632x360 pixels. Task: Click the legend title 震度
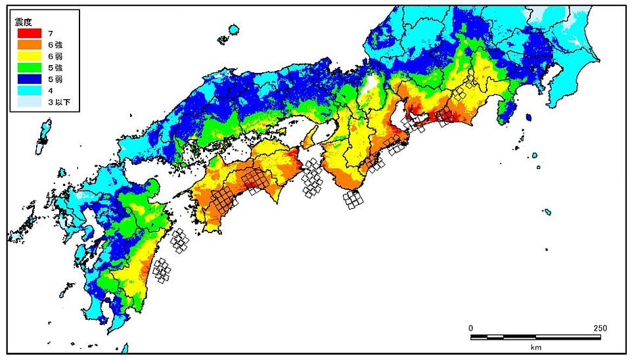click(x=25, y=21)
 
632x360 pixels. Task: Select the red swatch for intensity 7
click(x=29, y=33)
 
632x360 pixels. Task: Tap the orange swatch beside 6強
click(x=29, y=45)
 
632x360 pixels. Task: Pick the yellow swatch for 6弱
click(x=29, y=56)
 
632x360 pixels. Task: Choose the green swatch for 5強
click(x=29, y=68)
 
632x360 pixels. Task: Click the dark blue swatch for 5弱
click(x=29, y=80)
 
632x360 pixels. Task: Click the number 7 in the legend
click(x=50, y=33)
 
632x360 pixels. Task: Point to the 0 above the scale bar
click(x=470, y=328)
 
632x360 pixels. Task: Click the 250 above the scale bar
click(x=600, y=328)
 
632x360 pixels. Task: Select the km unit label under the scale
click(x=535, y=347)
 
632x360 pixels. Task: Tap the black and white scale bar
click(x=535, y=337)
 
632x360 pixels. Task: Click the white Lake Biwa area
click(x=372, y=86)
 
